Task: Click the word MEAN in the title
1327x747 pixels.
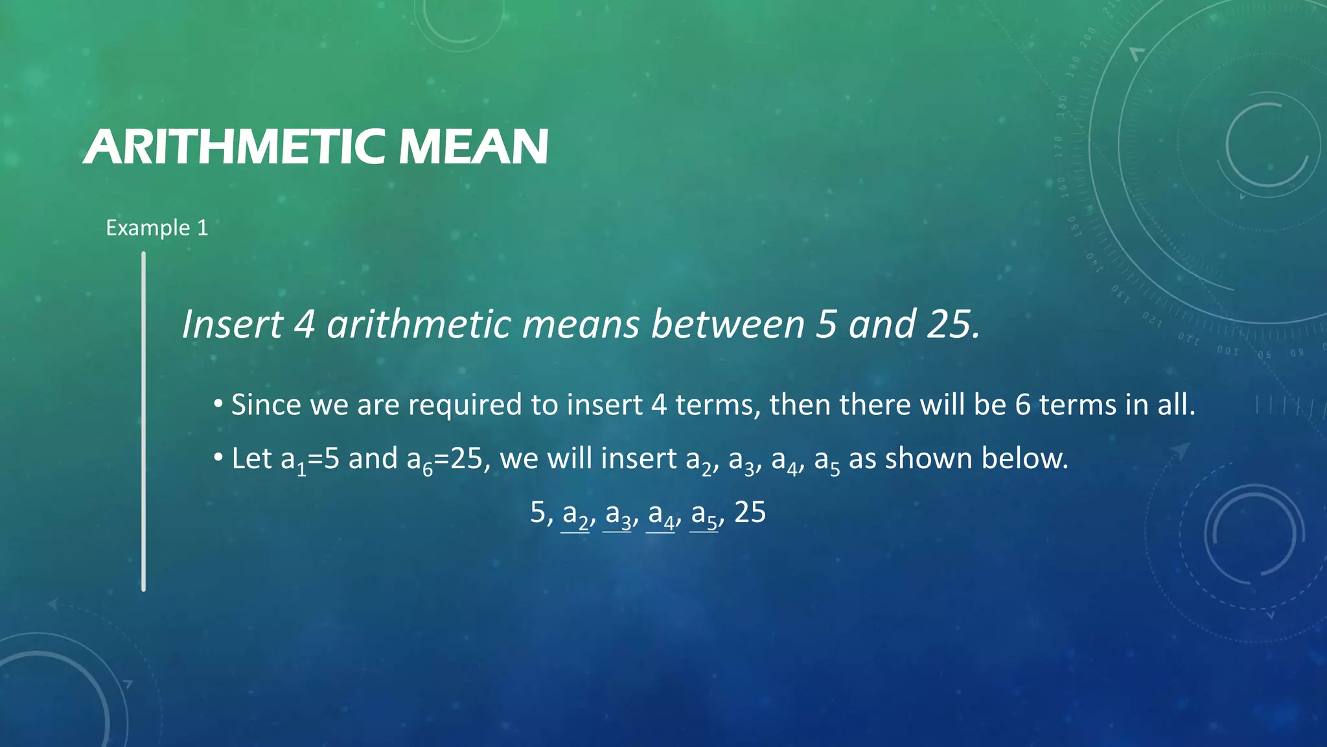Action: pos(473,147)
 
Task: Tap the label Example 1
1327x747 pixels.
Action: pos(157,228)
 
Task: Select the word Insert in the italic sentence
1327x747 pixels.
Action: pos(232,324)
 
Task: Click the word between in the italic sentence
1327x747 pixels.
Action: pos(727,324)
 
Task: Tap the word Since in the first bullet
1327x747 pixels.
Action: pos(266,405)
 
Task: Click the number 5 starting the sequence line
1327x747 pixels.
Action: pos(538,512)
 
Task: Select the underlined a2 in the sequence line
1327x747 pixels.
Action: pos(575,515)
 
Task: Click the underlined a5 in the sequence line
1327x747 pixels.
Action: pos(704,515)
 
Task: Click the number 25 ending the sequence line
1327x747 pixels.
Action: pos(750,512)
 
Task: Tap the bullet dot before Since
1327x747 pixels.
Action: pos(218,405)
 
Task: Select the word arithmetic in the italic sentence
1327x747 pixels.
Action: pos(419,324)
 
